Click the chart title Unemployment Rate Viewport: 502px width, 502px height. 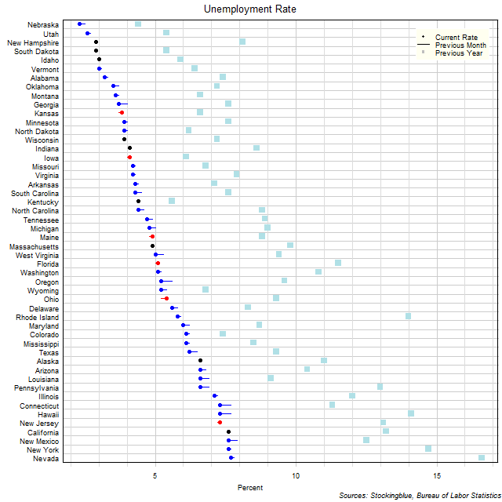point(250,9)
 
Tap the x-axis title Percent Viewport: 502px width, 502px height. point(250,488)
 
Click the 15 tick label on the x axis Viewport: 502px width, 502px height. point(437,476)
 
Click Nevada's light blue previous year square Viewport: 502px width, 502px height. point(482,457)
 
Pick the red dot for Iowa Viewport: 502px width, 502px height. point(129,157)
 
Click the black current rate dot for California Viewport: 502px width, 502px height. point(229,431)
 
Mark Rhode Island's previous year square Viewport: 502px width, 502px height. point(408,316)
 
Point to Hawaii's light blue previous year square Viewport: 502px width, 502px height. point(411,413)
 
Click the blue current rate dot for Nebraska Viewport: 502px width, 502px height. point(80,24)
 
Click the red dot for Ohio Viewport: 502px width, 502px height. point(166,299)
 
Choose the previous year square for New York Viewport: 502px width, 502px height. point(428,449)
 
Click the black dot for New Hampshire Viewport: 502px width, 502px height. point(96,42)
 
